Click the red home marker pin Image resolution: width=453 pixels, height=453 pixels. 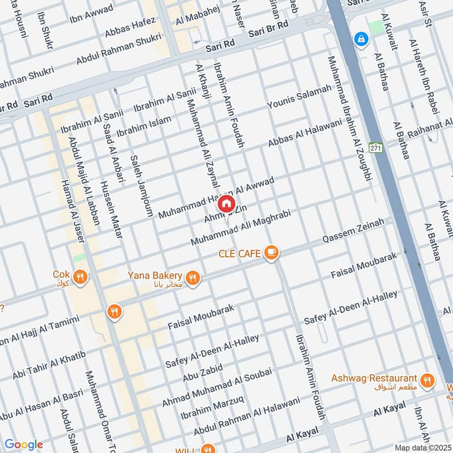click(226, 203)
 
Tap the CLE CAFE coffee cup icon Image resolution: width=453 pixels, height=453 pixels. click(271, 253)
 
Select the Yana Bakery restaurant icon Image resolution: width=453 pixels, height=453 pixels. click(193, 278)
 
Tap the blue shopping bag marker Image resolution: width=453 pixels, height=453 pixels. click(360, 39)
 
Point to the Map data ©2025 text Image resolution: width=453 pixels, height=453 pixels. click(422, 447)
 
